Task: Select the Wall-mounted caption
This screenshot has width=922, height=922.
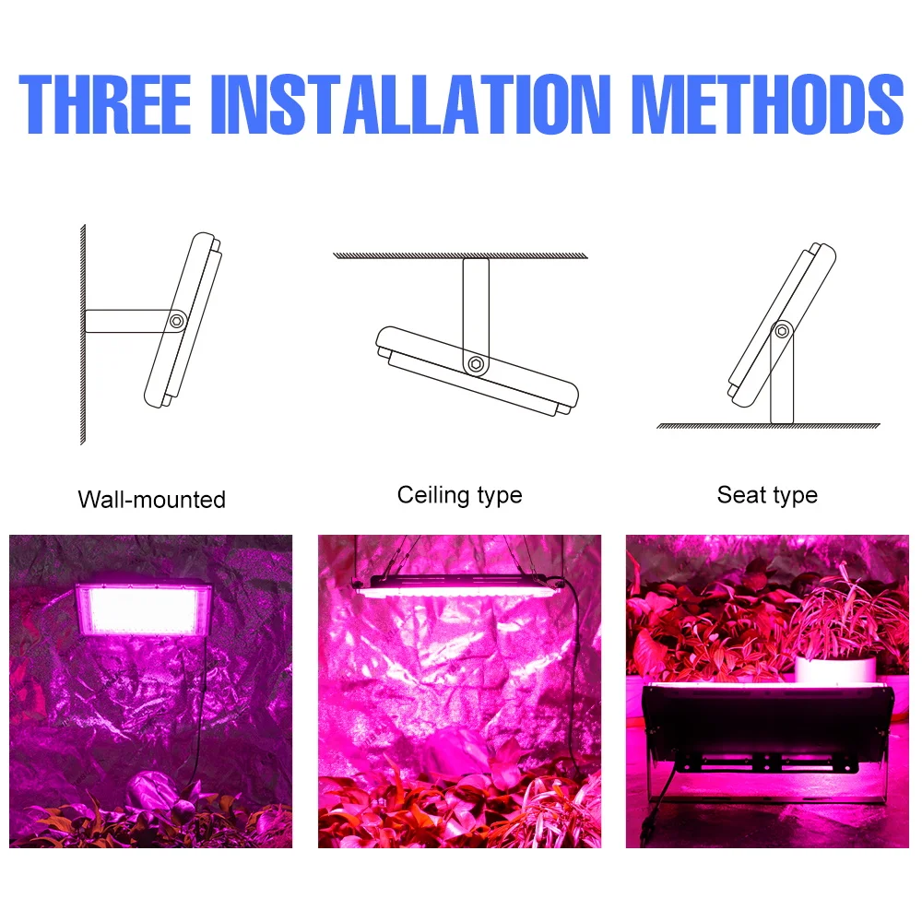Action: (x=151, y=500)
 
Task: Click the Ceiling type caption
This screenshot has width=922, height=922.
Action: (x=459, y=495)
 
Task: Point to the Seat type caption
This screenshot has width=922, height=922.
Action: (x=767, y=495)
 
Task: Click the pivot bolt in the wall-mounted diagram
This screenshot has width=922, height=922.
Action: (x=175, y=321)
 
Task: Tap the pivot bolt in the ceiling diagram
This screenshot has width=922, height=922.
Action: (x=475, y=364)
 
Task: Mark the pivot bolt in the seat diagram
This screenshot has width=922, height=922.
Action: (x=782, y=330)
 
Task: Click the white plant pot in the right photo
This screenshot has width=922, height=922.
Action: (x=835, y=668)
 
